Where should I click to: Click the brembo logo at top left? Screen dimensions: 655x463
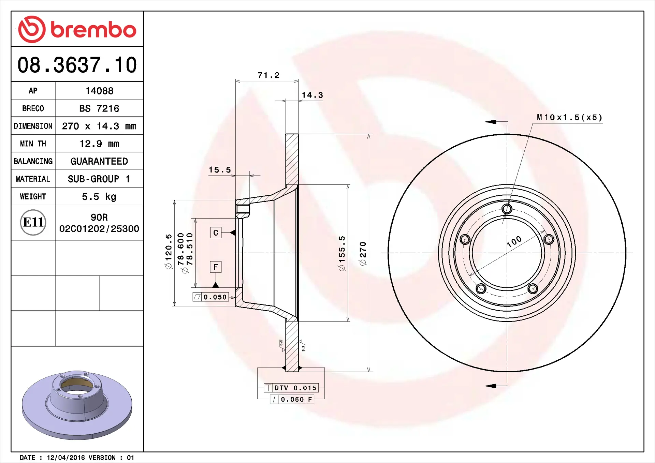77,29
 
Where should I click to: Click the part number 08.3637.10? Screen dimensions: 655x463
77,65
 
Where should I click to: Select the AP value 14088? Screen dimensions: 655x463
99,91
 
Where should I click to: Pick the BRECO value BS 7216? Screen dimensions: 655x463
99,108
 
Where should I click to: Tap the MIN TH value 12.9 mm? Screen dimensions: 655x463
99,144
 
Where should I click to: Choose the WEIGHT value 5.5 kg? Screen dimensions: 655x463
99,197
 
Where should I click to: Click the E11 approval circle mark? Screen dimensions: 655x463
33,222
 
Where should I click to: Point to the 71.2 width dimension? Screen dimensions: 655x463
268,75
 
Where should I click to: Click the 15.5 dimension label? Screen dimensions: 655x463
220,170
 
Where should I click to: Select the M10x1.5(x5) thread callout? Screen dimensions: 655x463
569,117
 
